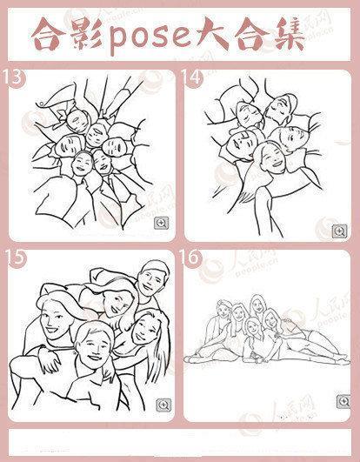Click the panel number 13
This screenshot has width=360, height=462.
point(13,77)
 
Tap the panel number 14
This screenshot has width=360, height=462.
point(192,77)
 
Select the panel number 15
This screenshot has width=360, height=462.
point(15,258)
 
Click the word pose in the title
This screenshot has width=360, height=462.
point(150,37)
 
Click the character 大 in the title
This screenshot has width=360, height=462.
point(214,33)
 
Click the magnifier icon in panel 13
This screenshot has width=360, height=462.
point(162,223)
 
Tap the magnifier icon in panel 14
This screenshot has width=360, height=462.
point(340,231)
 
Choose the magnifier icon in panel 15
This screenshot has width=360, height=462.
point(163,405)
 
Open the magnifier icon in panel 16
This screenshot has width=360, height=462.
point(343,401)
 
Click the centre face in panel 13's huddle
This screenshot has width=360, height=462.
point(95,136)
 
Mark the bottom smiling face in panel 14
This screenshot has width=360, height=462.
point(270,159)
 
